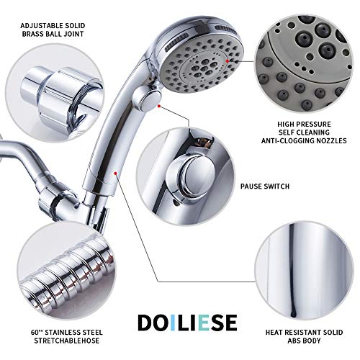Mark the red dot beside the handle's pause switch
[161, 105]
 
